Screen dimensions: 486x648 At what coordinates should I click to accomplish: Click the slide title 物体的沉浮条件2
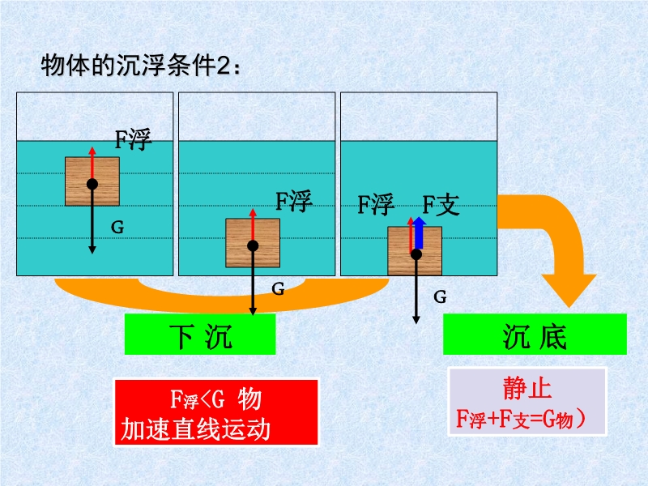[x=139, y=66]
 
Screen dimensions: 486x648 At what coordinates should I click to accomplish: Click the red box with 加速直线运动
[x=215, y=413]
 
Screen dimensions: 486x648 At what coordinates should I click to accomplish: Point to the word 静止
[x=527, y=389]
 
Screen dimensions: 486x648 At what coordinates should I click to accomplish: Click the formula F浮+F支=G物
[x=526, y=419]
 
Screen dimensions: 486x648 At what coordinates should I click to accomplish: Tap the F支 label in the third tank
[x=440, y=204]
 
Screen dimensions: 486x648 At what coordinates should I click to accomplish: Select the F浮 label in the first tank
[x=132, y=139]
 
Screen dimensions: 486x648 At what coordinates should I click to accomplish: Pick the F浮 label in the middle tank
[x=293, y=201]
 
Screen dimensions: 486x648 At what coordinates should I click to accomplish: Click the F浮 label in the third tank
[x=376, y=204]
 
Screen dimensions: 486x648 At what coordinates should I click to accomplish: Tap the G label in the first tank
[x=117, y=228]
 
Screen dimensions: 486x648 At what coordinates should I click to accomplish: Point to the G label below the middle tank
[x=278, y=288]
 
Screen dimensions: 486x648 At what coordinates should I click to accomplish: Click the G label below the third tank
[x=440, y=297]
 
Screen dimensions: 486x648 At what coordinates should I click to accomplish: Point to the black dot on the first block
[x=92, y=185]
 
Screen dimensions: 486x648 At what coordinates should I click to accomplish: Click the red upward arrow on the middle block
[x=254, y=226]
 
